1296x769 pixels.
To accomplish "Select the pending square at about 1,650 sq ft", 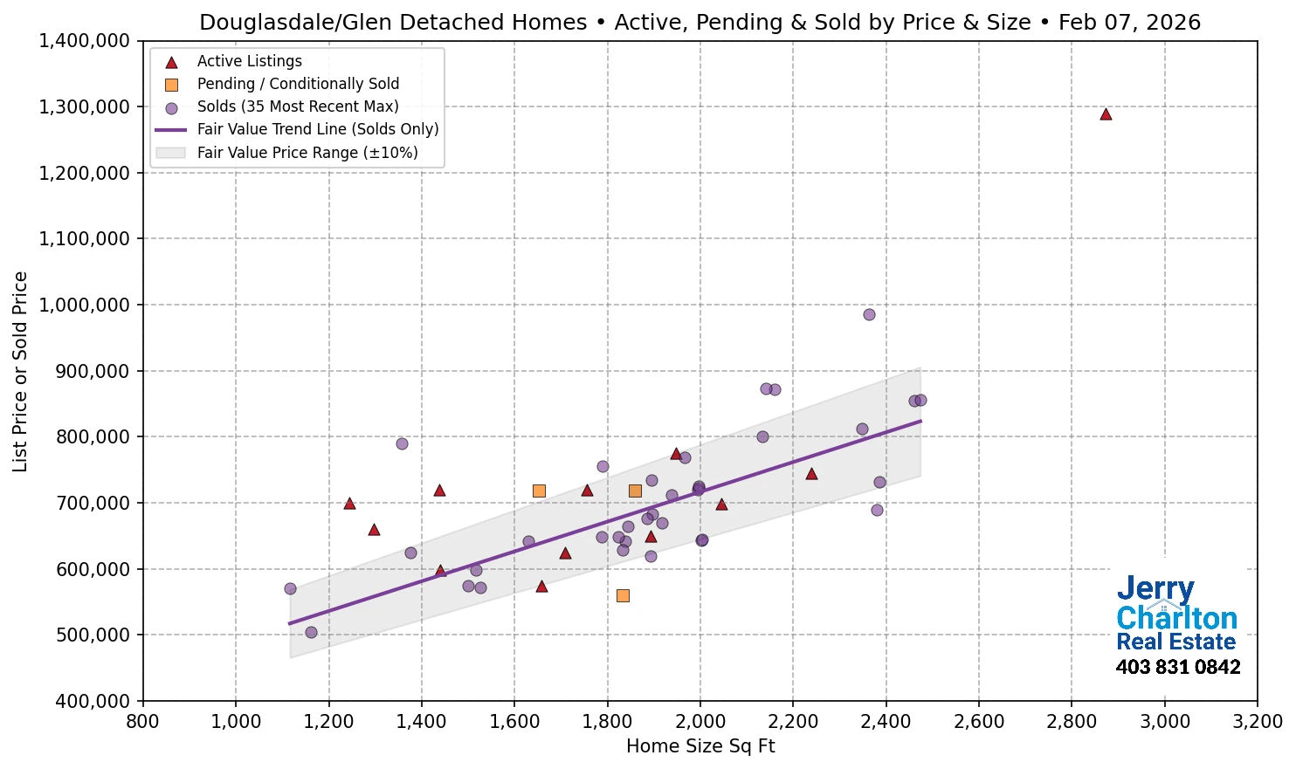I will tap(539, 491).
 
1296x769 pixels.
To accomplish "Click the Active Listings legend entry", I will tap(249, 61).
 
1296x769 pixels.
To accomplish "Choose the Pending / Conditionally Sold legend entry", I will tap(298, 84).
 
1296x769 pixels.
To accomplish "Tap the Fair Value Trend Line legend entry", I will tap(317, 129).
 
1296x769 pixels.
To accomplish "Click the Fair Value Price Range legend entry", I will tap(307, 153).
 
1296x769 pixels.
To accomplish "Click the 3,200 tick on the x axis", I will tap(1257, 722).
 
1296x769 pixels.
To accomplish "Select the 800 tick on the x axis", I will tap(143, 722).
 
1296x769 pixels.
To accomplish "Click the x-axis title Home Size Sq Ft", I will tap(700, 746).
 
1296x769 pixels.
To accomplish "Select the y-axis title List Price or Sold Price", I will tap(20, 371).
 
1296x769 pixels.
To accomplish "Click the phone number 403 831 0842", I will tap(1177, 668).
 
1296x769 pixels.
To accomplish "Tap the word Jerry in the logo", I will tap(1155, 589).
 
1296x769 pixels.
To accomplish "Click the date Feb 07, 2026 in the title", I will tap(1129, 23).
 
